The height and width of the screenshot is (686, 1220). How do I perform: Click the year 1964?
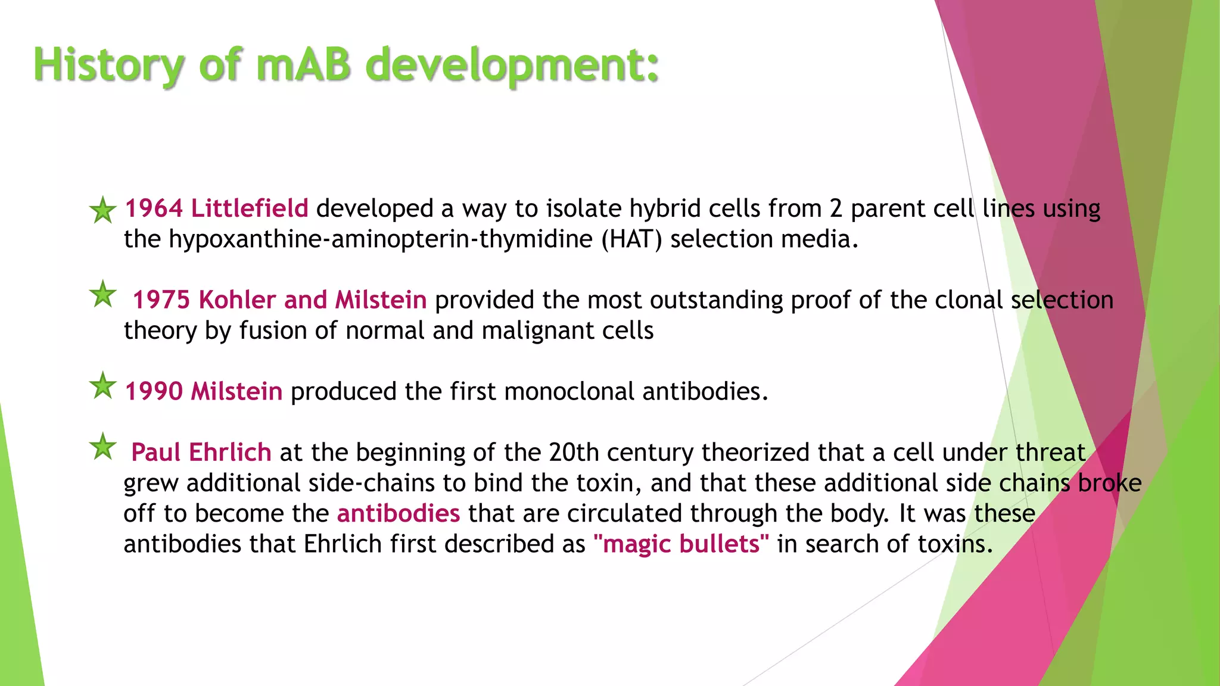[154, 208]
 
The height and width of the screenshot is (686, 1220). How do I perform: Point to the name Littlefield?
[250, 208]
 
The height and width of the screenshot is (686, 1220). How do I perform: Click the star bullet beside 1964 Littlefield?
[102, 210]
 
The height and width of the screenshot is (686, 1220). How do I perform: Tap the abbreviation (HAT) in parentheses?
[631, 239]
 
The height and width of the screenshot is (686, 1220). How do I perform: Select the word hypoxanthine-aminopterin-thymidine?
[381, 239]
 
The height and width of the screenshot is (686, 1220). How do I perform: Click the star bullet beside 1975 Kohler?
[102, 294]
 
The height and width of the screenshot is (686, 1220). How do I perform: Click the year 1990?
[154, 392]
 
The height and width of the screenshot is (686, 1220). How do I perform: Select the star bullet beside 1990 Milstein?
[102, 386]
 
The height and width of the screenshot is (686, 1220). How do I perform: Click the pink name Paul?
[155, 453]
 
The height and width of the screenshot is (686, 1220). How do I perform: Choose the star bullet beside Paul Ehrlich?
[102, 447]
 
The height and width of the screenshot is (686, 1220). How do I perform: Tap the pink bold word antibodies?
[398, 513]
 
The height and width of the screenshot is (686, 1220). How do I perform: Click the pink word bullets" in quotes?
[724, 544]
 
